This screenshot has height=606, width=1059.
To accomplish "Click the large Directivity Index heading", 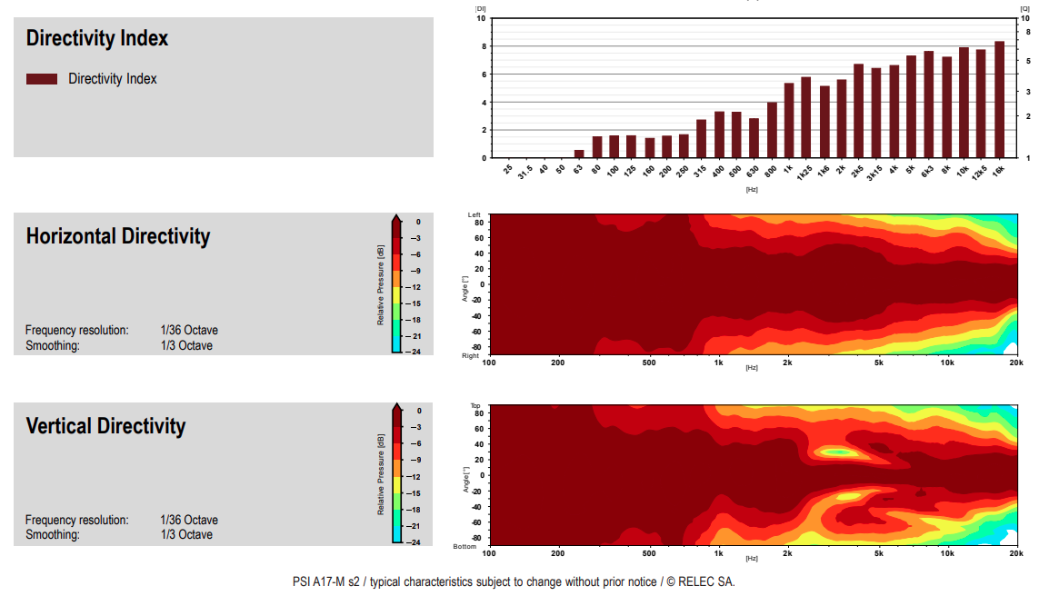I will click(x=97, y=38).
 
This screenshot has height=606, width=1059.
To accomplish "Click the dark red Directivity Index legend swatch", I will click(x=42, y=79).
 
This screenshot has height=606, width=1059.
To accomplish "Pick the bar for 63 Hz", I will click(x=579, y=154).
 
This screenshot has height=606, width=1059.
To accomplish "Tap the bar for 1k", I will click(x=789, y=120).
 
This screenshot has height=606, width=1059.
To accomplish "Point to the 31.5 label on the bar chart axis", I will click(x=525, y=172).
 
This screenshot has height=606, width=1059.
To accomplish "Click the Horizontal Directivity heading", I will click(x=118, y=236).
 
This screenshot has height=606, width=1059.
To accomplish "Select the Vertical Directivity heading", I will click(x=105, y=426).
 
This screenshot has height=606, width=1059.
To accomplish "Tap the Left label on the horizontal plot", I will click(x=474, y=214).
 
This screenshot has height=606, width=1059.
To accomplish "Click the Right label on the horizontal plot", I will click(x=471, y=356).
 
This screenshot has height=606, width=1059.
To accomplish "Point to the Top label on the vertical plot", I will click(x=475, y=405).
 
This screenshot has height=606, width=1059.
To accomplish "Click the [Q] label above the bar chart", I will click(x=1025, y=7).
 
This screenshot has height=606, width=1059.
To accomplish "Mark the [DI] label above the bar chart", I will click(x=480, y=7).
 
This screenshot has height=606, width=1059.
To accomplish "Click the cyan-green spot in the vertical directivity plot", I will click(x=837, y=452).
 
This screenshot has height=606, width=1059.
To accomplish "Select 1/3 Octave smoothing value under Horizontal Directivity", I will click(x=186, y=345).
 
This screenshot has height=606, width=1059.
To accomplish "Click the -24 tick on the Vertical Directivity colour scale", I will click(x=415, y=542).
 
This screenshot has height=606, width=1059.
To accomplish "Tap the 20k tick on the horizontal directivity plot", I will click(x=1015, y=362).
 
